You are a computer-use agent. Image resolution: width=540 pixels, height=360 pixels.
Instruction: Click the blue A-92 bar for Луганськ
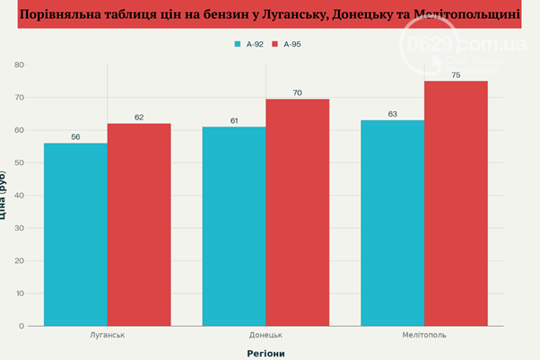[75, 234]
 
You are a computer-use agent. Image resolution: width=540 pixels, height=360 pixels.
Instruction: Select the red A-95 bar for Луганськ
[139, 224]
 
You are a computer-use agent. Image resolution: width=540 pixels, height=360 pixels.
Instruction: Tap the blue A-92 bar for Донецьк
[234, 226]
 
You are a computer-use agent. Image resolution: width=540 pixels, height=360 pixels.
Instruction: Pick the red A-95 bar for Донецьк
[297, 212]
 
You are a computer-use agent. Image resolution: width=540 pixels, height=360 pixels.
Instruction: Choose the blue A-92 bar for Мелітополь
[392, 223]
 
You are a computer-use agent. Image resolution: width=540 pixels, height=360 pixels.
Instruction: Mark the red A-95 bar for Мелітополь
[456, 204]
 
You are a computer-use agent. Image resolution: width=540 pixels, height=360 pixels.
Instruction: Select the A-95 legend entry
[292, 44]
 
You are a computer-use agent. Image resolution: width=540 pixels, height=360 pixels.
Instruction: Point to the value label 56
[75, 136]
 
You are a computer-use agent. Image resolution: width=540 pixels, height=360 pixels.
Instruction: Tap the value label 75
[456, 75]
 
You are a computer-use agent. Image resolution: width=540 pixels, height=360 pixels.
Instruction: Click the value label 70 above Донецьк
[297, 92]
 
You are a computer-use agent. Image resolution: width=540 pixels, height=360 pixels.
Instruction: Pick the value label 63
[392, 114]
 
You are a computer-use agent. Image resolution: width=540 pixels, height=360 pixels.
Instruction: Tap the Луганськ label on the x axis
[107, 335]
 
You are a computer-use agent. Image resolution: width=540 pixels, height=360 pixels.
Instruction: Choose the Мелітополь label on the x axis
[424, 335]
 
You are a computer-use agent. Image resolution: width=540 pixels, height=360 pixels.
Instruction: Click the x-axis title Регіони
[266, 353]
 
